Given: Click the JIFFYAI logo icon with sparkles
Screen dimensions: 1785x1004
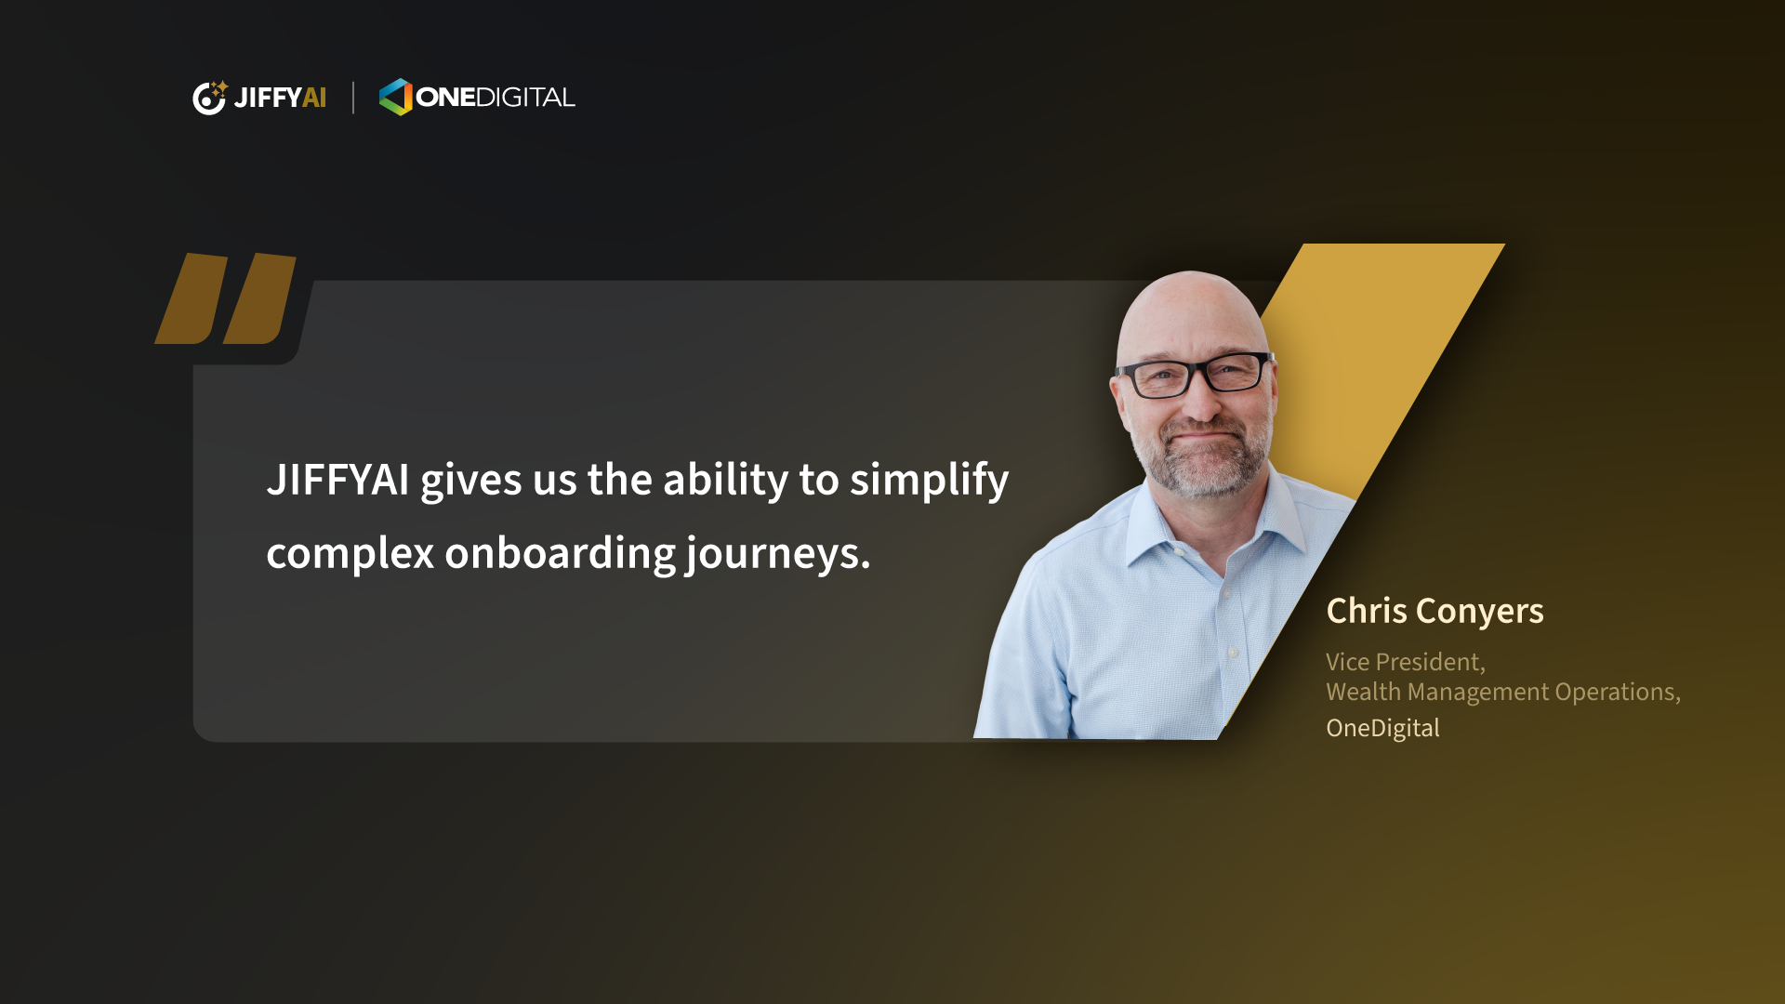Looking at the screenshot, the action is pyautogui.click(x=209, y=98).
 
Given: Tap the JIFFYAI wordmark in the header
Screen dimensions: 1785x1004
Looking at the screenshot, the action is pyautogui.click(x=280, y=98).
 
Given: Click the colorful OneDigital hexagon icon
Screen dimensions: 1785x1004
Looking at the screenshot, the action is pyautogui.click(x=395, y=97).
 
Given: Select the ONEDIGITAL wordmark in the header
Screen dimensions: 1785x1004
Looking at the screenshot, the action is pyautogui.click(x=496, y=98).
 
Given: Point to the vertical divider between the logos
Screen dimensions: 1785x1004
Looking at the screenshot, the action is pyautogui.click(x=353, y=98).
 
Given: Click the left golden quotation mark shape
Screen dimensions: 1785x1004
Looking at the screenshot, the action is pyautogui.click(x=192, y=298).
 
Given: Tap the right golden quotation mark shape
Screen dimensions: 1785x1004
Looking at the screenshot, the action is pyautogui.click(x=259, y=298).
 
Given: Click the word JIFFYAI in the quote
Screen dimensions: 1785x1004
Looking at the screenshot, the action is pyautogui.click(x=337, y=480).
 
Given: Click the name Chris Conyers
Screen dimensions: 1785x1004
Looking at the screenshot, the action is pyautogui.click(x=1435, y=612).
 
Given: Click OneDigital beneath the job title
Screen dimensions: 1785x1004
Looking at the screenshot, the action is pyautogui.click(x=1382, y=728).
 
